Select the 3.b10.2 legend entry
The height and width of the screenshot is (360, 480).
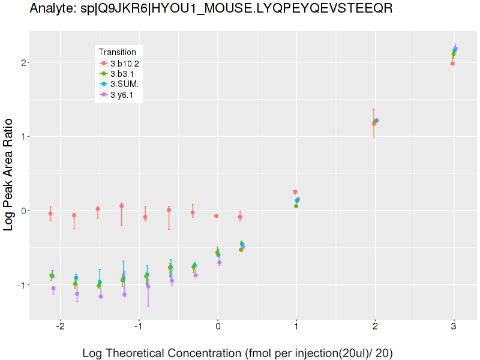(x=124, y=64)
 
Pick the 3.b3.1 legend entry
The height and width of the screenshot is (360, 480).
(x=122, y=74)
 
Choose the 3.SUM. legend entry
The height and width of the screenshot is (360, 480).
(x=124, y=84)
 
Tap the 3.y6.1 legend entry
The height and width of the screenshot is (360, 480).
(x=122, y=94)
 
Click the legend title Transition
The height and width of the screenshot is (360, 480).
(x=121, y=52)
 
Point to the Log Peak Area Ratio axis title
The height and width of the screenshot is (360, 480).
(x=9, y=174)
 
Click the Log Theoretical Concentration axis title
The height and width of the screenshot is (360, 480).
(x=237, y=352)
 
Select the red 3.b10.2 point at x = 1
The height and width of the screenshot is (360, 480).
(x=295, y=192)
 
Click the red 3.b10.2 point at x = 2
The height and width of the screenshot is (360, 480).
(x=374, y=124)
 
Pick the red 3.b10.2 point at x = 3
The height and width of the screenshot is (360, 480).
(x=452, y=64)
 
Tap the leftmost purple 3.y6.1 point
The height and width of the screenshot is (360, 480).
(x=53, y=289)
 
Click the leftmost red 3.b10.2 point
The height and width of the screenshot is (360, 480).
(x=50, y=214)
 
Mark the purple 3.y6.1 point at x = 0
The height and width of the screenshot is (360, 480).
(x=219, y=262)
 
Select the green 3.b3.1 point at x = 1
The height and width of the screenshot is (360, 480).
(x=296, y=206)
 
